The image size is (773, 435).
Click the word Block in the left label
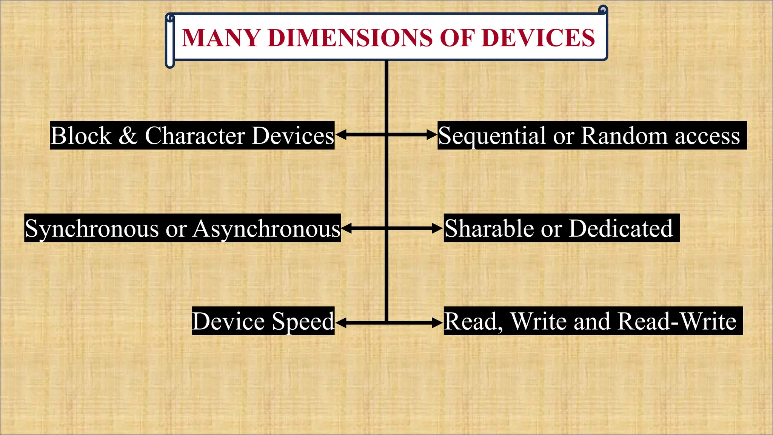(x=81, y=136)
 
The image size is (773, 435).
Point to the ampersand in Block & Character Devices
(x=128, y=136)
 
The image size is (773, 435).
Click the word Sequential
(x=492, y=136)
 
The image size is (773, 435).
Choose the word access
(x=707, y=136)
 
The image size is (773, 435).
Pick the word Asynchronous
(x=266, y=229)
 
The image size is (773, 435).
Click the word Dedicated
(x=621, y=228)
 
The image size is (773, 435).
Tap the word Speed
(x=303, y=322)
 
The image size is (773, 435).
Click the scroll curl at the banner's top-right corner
(x=603, y=10)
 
